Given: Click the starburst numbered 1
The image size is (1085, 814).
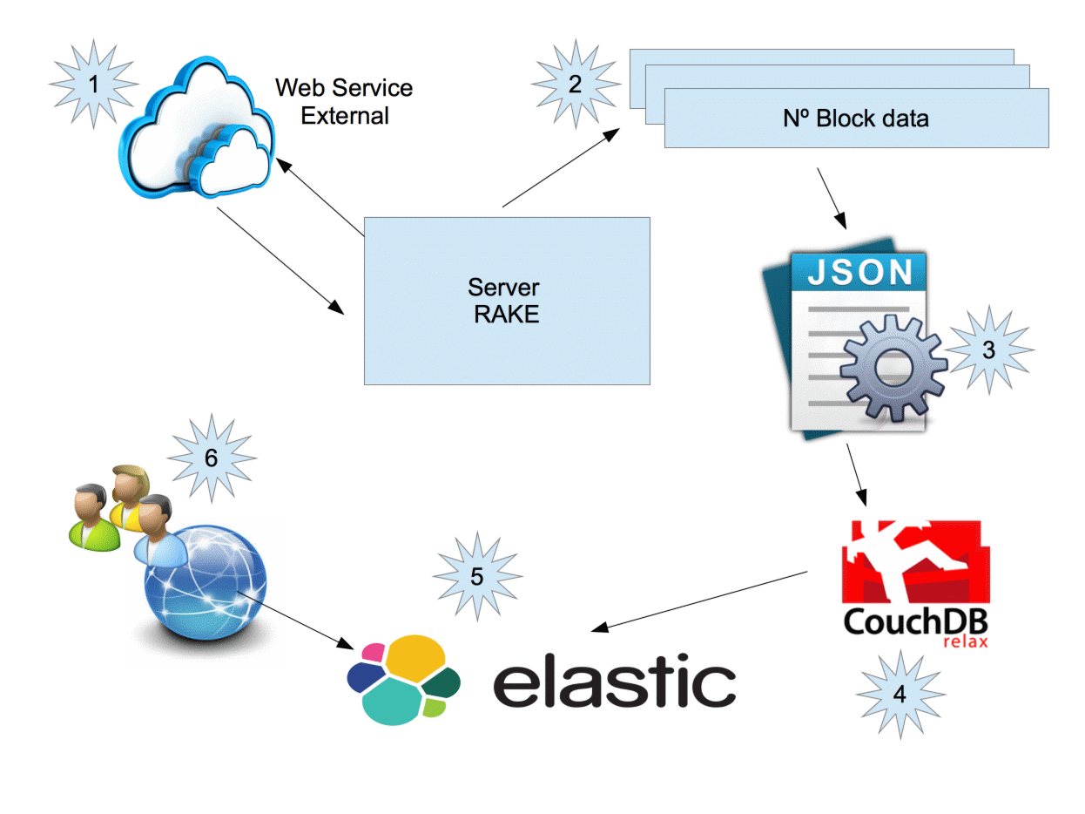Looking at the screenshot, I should tap(93, 85).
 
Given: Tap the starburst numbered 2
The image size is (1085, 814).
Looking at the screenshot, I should tap(575, 85).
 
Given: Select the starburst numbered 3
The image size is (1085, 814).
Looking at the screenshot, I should tap(989, 350).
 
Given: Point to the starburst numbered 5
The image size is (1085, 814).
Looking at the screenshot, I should tap(477, 576).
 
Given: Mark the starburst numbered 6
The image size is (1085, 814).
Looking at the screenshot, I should tap(212, 458).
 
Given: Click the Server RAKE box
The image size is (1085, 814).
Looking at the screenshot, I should tap(507, 301).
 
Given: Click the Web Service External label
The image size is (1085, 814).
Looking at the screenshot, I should tap(345, 101).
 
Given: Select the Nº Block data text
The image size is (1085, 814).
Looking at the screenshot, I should tap(856, 118).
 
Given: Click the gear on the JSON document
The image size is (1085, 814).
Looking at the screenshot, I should tap(893, 370).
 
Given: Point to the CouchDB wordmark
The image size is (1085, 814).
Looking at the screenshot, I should tap(914, 621).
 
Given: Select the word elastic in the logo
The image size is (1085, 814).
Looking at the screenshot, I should tap(615, 682).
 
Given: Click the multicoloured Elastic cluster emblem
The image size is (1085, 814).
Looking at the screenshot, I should tap(402, 679).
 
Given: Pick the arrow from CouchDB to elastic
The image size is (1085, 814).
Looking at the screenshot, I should tap(701, 600).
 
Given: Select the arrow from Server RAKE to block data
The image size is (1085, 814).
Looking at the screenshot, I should tap(561, 167).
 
